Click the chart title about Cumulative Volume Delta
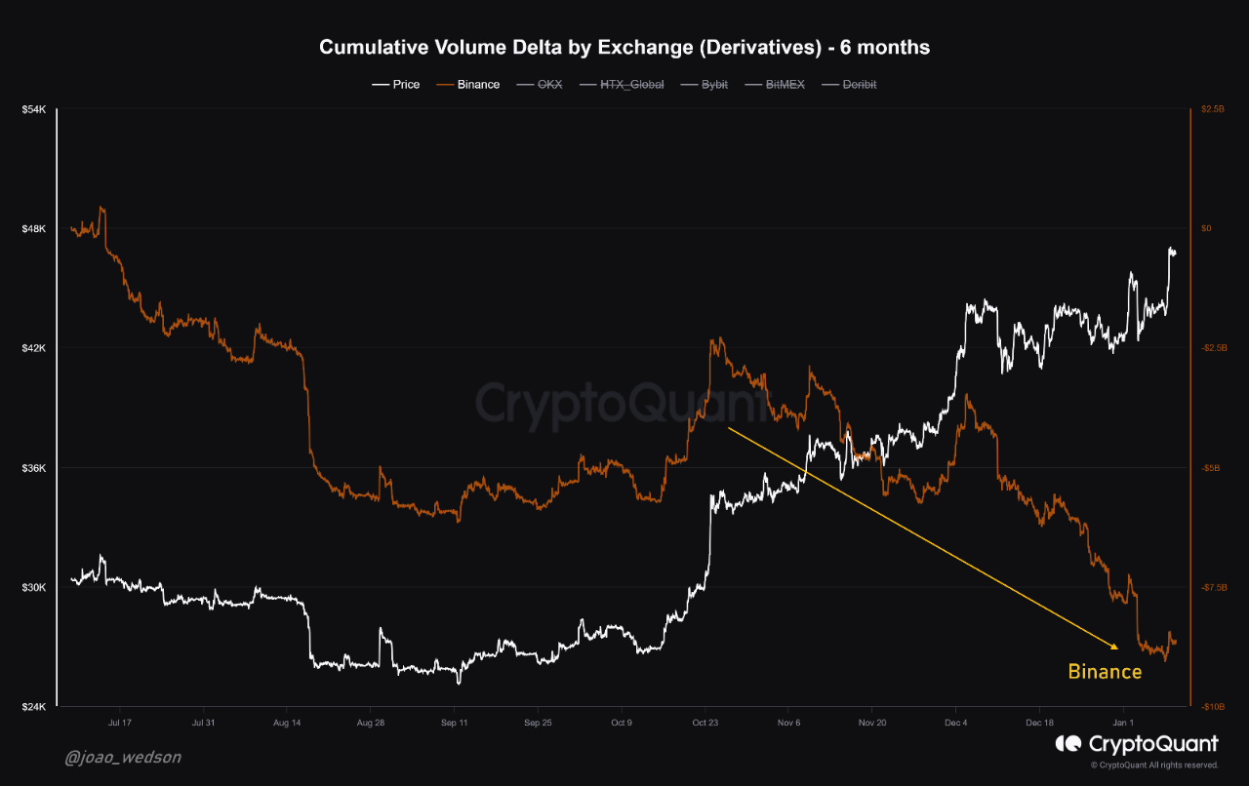click(x=624, y=47)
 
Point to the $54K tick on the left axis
click(x=34, y=109)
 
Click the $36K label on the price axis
click(x=34, y=468)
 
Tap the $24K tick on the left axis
click(x=34, y=707)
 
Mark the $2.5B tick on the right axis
click(x=1213, y=109)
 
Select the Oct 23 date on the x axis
click(x=705, y=723)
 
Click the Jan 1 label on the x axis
click(x=1124, y=723)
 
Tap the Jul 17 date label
click(x=120, y=723)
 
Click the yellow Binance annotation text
click(x=1105, y=672)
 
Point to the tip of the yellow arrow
click(x=1118, y=648)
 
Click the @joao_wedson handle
click(x=123, y=757)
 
